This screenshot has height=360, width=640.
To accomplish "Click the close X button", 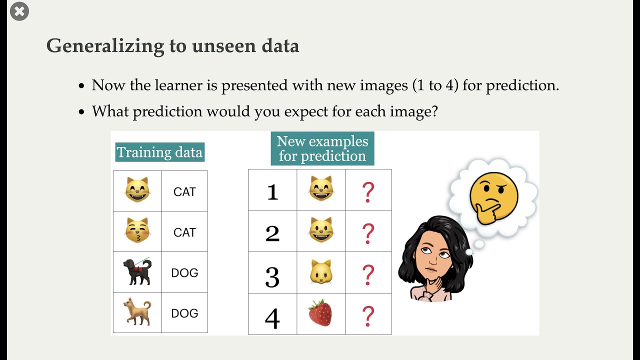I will (x=19, y=11).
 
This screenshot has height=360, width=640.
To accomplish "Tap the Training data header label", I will (x=159, y=152).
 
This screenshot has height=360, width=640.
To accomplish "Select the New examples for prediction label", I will (x=322, y=148).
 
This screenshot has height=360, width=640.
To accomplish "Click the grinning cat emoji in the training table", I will (x=137, y=190).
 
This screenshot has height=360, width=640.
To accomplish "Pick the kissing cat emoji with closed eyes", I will (x=137, y=231).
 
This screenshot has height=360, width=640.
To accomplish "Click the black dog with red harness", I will (x=137, y=272).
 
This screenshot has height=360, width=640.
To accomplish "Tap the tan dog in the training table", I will (x=137, y=312).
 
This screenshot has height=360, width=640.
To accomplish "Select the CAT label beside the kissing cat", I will (x=184, y=232).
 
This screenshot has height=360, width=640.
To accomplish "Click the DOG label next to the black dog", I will (x=184, y=273).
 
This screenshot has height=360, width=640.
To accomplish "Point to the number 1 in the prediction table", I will (x=272, y=192).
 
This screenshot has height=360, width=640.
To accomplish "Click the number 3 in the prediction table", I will (x=272, y=276).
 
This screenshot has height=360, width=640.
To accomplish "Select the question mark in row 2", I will (x=368, y=233).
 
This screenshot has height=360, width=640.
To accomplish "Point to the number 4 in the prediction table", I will (x=272, y=318).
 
